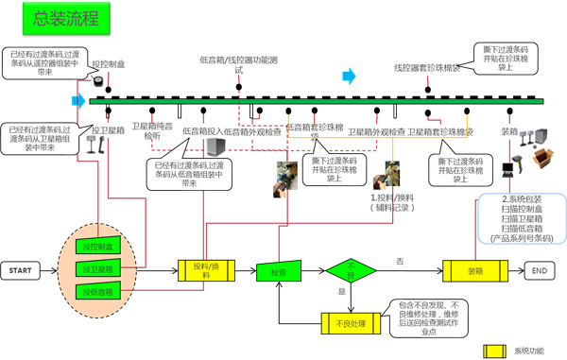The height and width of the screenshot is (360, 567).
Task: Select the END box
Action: [539, 270]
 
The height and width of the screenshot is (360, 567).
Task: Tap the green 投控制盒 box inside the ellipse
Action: [97, 247]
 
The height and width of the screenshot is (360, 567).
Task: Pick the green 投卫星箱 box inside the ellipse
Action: [97, 270]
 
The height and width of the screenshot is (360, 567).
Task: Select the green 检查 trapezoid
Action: [277, 271]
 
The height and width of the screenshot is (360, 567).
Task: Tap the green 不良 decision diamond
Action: [351, 271]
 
